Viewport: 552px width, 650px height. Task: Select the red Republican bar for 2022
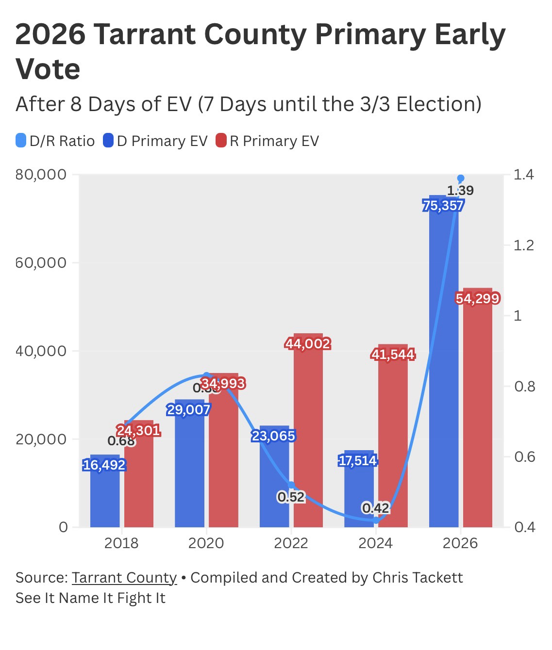click(308, 437)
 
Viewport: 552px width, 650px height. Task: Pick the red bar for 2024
click(393, 437)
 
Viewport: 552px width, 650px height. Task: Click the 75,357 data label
click(443, 206)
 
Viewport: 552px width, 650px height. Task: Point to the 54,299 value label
click(478, 298)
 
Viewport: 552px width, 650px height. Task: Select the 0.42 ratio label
click(375, 508)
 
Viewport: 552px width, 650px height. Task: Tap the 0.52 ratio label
click(291, 497)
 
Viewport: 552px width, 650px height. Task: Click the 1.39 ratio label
click(460, 191)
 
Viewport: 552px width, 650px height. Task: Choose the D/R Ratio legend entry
click(55, 141)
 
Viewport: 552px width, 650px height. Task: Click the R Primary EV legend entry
click(268, 141)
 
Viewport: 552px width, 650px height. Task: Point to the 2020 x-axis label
click(206, 543)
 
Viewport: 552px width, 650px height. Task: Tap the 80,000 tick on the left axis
click(41, 175)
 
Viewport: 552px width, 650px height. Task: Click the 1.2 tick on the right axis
click(524, 245)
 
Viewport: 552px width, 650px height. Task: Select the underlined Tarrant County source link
click(124, 578)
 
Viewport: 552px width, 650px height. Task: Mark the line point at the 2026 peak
click(461, 179)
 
